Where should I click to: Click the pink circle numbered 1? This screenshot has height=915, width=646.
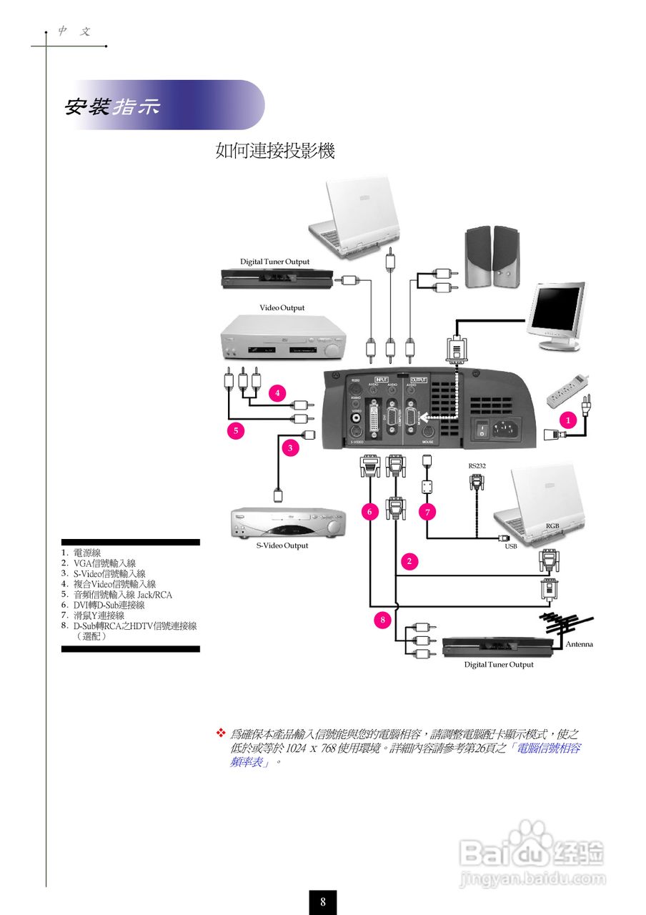pos(569,420)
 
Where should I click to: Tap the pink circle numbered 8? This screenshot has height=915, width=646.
pos(382,620)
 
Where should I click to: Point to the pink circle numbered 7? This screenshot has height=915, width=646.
pos(427,513)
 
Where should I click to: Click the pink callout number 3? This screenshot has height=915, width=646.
pos(290,448)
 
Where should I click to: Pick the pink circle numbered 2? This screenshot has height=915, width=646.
pos(409,561)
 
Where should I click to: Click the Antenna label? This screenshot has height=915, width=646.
pos(579,644)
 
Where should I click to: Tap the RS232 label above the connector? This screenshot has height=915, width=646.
pos(477,466)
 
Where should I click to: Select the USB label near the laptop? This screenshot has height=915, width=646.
pos(510,546)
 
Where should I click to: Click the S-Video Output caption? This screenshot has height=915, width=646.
pos(282,545)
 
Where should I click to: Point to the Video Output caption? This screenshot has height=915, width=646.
pos(282,308)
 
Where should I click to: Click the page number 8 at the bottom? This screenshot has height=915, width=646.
pos(323,901)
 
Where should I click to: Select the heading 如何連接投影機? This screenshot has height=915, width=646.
pos(275,151)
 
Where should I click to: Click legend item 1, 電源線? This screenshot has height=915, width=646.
pos(86,553)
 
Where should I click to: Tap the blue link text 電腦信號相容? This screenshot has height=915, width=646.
pos(548,748)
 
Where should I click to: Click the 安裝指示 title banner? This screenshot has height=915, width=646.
pos(114,107)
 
